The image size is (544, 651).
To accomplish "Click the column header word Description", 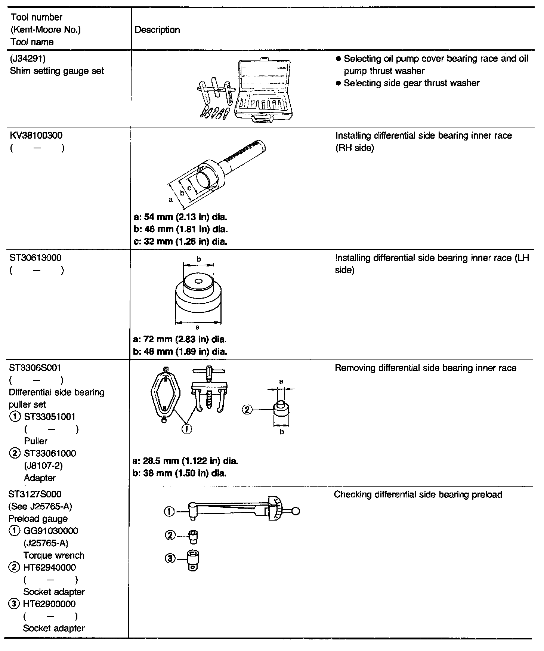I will point(157,30).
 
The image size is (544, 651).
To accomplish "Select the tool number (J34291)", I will point(28,59).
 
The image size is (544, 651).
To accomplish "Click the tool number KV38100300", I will point(36,135).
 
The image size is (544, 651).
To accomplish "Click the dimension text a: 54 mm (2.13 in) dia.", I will point(180,217).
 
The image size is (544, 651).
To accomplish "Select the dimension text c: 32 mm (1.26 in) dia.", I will point(180,241).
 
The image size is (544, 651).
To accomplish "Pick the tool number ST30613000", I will point(35,258).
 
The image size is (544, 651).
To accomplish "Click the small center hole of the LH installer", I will point(198,281).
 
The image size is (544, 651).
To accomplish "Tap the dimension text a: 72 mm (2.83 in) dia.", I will point(180,339).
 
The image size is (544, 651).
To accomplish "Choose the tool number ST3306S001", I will point(35,368).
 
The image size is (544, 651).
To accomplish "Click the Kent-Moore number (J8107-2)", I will point(43,466).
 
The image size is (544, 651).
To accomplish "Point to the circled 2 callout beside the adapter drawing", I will point(247,410).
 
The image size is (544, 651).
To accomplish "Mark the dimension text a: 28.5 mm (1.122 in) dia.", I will point(185,461).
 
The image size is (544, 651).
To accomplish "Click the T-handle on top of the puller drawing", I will point(209,371).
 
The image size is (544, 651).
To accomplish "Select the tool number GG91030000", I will point(51,531).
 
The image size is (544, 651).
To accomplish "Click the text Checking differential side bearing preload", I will point(418,495).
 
